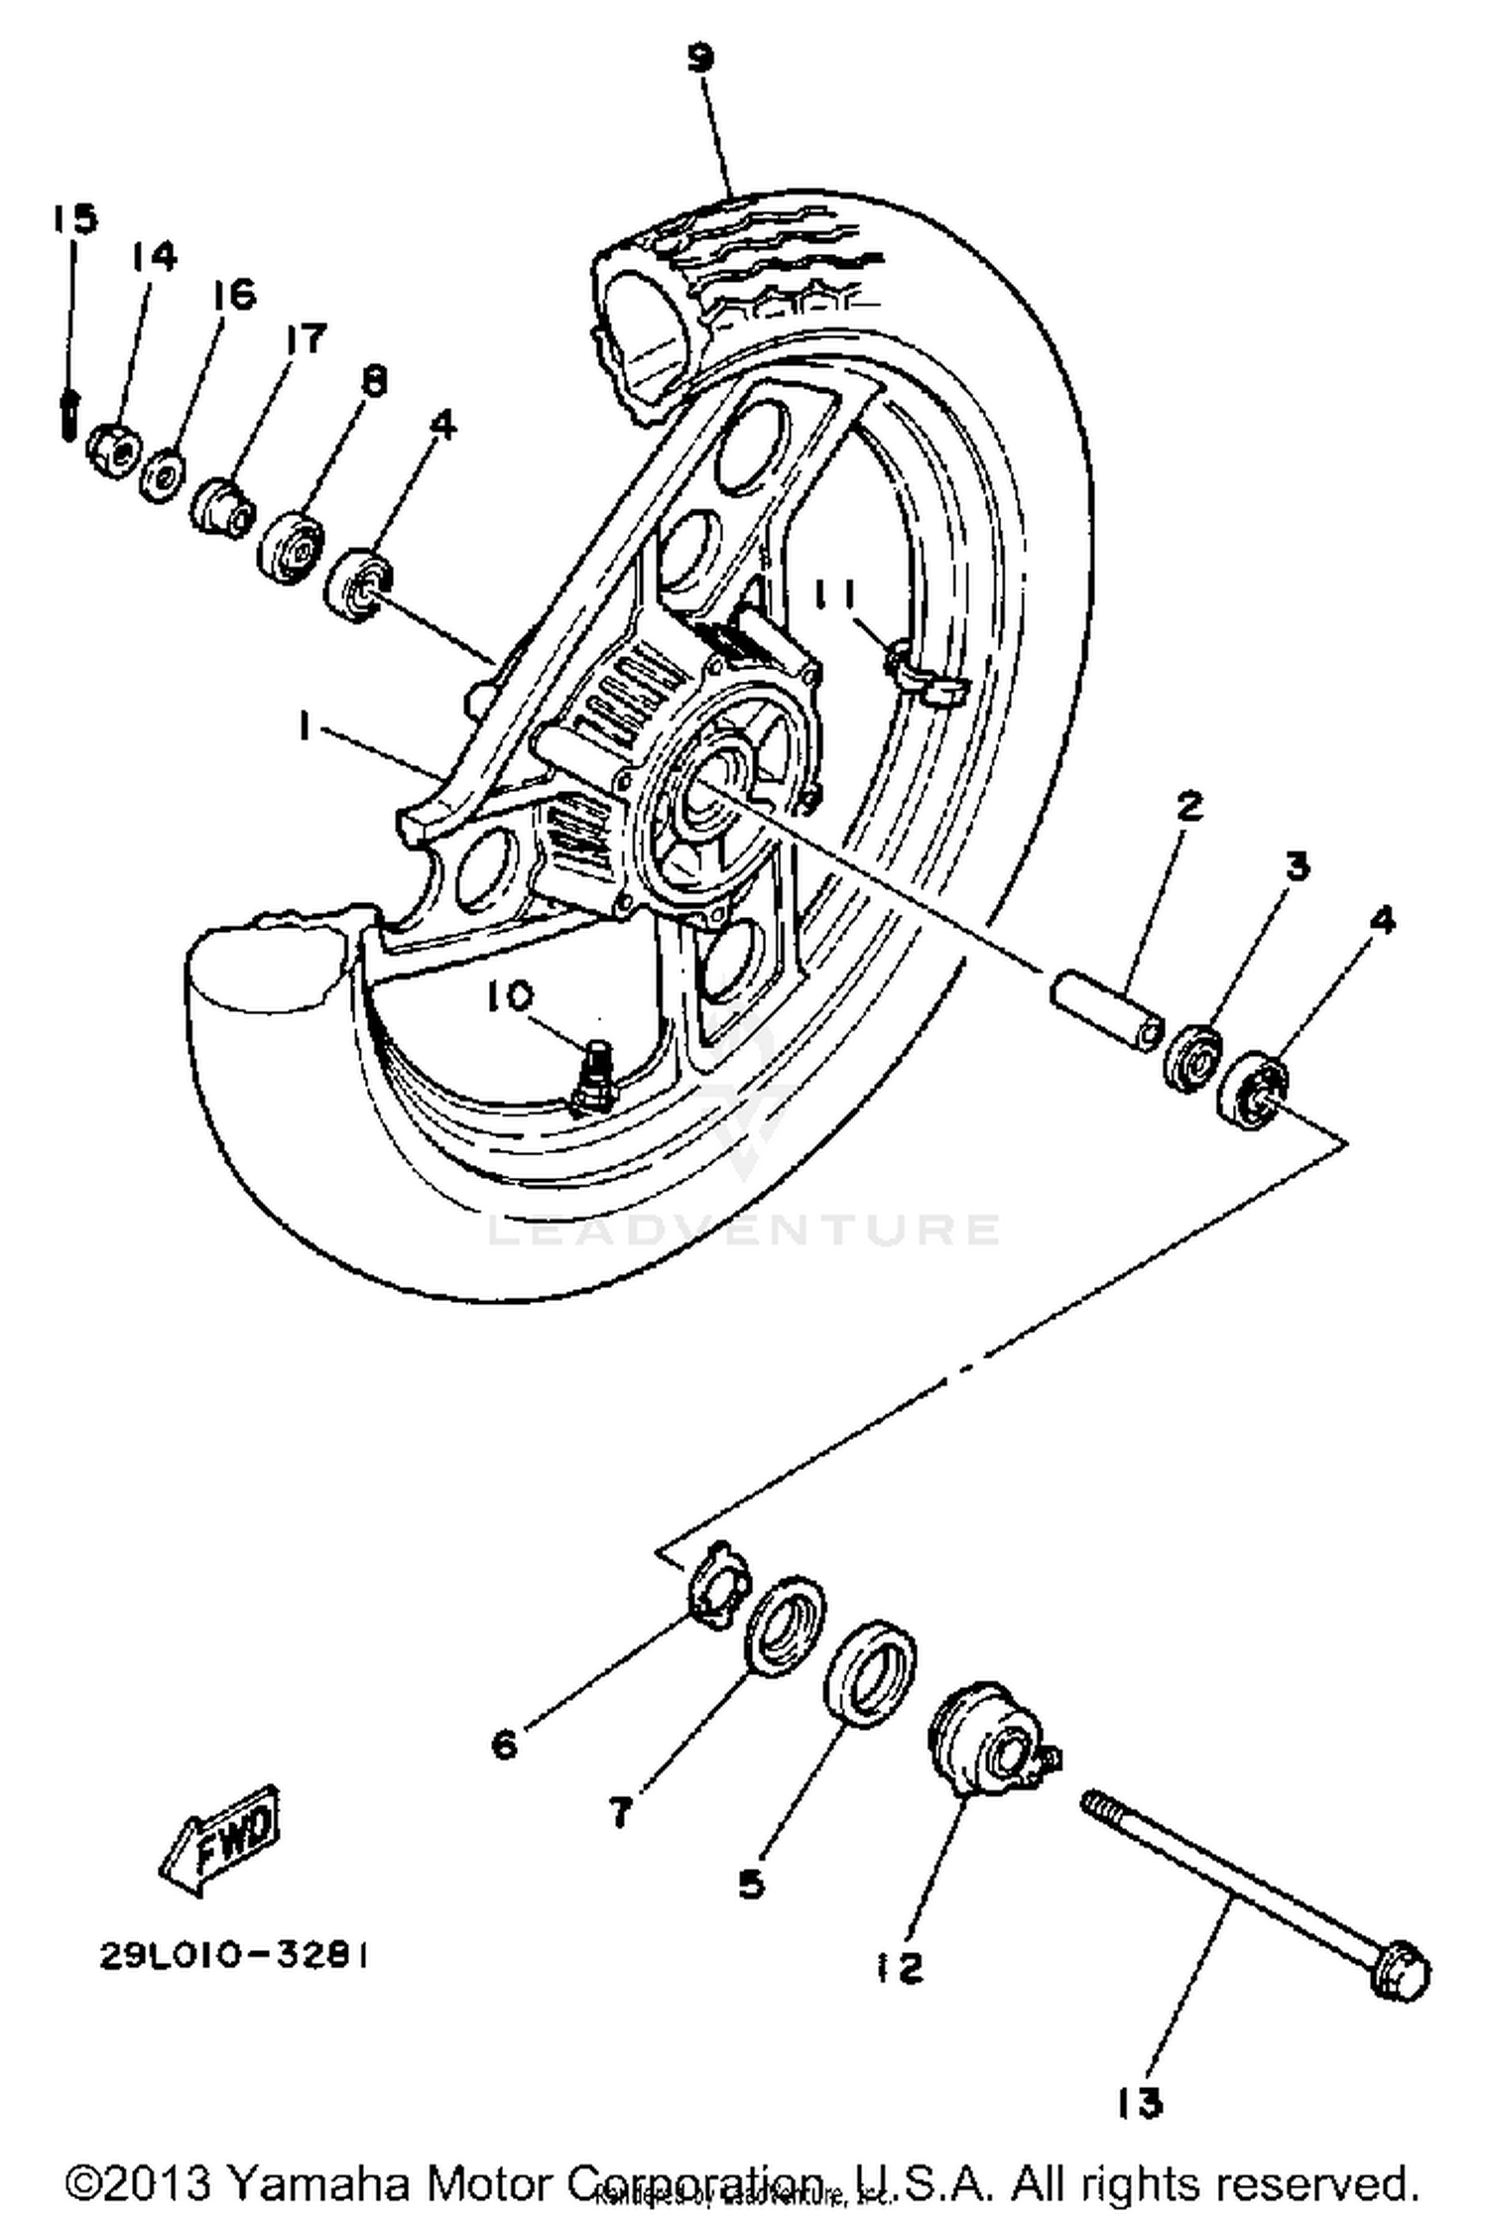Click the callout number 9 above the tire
(699, 59)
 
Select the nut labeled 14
(112, 451)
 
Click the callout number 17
(304, 339)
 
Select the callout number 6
(505, 1744)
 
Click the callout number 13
(1139, 2101)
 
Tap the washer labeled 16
(162, 475)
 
